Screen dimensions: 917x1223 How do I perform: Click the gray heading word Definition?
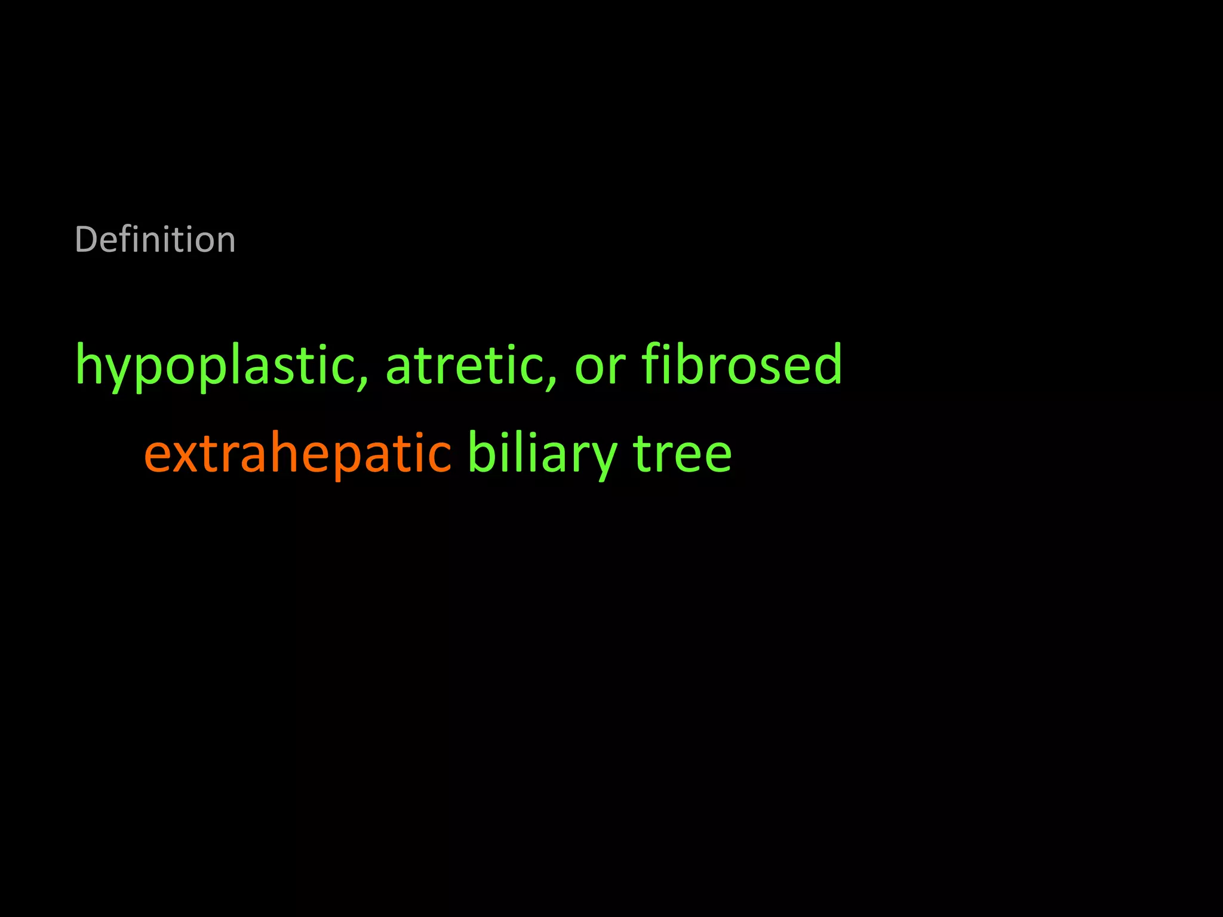(x=155, y=240)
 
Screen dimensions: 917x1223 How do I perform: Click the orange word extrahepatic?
(x=297, y=453)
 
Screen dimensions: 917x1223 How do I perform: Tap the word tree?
(x=681, y=453)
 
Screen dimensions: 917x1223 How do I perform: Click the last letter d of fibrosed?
(x=826, y=364)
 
